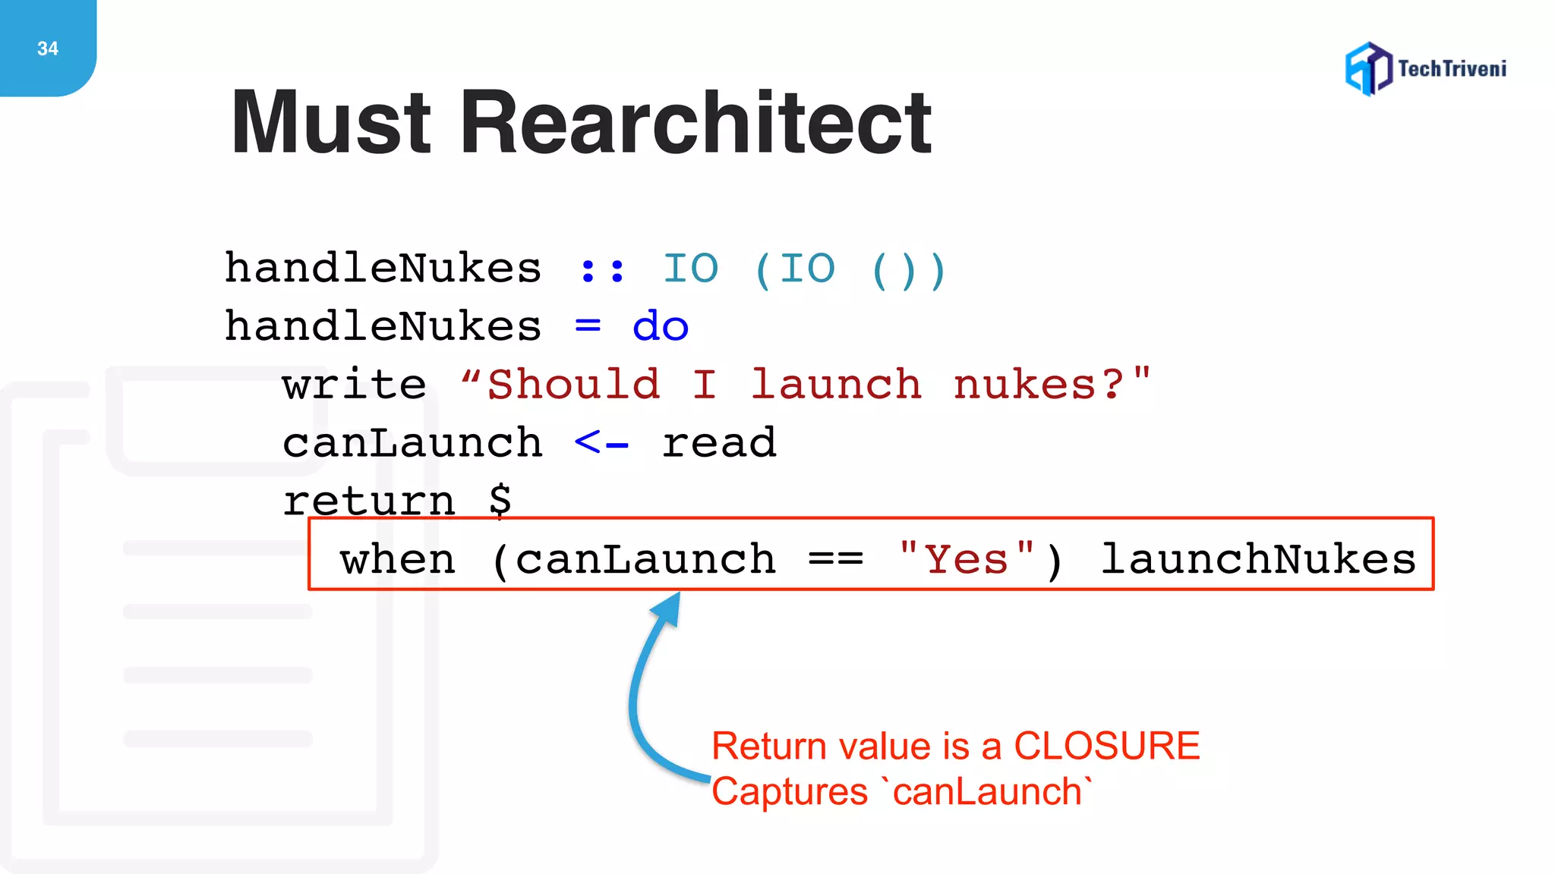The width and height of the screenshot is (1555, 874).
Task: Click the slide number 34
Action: (48, 49)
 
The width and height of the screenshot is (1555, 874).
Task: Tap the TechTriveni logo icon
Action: (1368, 69)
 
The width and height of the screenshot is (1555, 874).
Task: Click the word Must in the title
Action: (331, 123)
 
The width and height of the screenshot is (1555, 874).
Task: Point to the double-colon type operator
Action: (602, 270)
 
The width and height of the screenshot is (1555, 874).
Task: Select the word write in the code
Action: (354, 385)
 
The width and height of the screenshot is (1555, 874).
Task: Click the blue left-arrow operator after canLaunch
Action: (601, 443)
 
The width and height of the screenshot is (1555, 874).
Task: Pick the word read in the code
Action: (719, 443)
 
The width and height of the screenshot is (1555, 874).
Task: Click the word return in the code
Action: (369, 501)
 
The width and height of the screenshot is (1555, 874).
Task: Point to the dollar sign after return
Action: (500, 500)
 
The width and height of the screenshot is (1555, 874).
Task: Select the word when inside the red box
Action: (398, 560)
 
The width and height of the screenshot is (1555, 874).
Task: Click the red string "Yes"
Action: (966, 560)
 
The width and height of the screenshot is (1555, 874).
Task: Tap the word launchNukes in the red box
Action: (1258, 560)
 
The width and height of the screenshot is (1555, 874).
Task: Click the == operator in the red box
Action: (836, 560)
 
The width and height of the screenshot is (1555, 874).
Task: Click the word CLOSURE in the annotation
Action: (1106, 746)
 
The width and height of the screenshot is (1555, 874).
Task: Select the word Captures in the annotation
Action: (789, 792)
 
